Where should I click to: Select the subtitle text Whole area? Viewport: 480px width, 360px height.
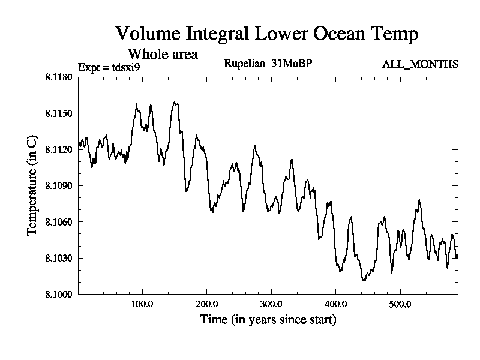pyautogui.click(x=163, y=54)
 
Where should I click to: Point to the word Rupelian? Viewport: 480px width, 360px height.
pyautogui.click(x=242, y=63)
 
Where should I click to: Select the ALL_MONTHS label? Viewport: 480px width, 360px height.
pyautogui.click(x=420, y=64)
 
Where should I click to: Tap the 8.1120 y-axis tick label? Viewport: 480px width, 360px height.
pyautogui.click(x=58, y=149)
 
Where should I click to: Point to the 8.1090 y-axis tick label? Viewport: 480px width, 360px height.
pyautogui.click(x=58, y=185)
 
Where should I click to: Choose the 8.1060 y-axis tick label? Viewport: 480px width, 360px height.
pyautogui.click(x=58, y=222)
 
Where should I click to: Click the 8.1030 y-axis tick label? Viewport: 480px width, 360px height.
pyautogui.click(x=58, y=258)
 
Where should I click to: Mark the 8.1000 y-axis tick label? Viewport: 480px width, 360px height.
pyautogui.click(x=58, y=294)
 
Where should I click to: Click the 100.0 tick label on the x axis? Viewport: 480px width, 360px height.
pyautogui.click(x=142, y=304)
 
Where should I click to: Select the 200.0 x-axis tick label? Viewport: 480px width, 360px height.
pyautogui.click(x=207, y=304)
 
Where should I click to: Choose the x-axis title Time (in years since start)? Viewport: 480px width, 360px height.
pyautogui.click(x=268, y=320)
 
